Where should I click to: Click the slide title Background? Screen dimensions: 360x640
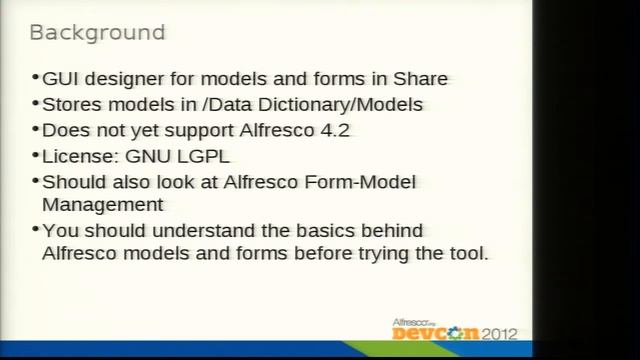[x=97, y=32]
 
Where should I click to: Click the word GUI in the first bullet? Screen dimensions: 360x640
[x=61, y=79]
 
